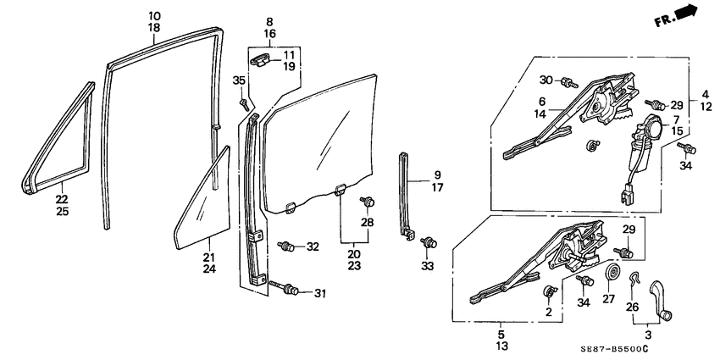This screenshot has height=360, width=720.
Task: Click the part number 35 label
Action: [239, 80]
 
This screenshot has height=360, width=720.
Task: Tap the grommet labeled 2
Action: [549, 293]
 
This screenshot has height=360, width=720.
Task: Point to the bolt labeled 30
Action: [571, 82]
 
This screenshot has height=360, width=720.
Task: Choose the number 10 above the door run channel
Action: [153, 16]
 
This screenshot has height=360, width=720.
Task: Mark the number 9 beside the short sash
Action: [438, 176]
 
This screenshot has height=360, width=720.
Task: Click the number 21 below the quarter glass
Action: [209, 258]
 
